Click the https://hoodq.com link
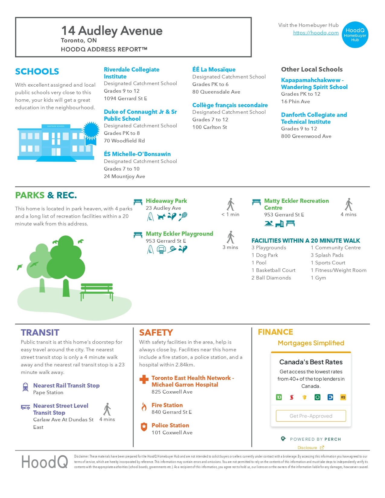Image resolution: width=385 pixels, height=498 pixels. click(x=316, y=33)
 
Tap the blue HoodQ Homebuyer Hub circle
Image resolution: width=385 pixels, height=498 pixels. click(x=355, y=35)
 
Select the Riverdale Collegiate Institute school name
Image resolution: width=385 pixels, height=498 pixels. click(x=131, y=73)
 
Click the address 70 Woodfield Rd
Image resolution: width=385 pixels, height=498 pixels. click(x=124, y=141)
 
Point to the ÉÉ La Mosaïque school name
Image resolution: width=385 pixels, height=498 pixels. click(x=214, y=69)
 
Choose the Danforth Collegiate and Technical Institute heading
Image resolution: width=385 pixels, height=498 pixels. click(x=314, y=118)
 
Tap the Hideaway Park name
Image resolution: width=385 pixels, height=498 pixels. click(x=166, y=201)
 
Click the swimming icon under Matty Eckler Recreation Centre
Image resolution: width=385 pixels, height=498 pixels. click(x=268, y=223)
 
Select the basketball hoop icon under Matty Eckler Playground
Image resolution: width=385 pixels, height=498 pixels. click(x=161, y=250)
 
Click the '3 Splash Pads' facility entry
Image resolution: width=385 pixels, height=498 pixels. click(x=327, y=255)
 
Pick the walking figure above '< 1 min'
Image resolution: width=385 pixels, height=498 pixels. click(x=231, y=204)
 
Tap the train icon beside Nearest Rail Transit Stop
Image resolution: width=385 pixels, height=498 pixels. click(x=25, y=387)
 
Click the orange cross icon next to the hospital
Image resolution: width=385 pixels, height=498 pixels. click(x=144, y=379)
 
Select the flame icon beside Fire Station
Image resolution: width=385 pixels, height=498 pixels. click(x=144, y=407)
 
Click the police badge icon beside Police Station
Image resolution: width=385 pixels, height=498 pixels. click(x=144, y=427)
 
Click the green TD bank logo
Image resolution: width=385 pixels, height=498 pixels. click(x=279, y=397)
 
